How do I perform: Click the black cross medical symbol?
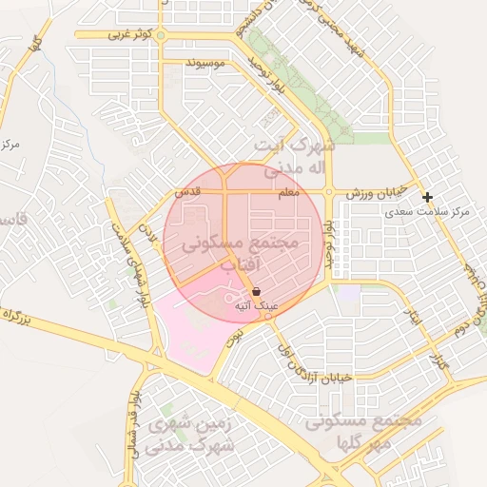429,198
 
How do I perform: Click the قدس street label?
185,192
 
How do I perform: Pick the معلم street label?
289,193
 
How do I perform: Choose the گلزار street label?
438,360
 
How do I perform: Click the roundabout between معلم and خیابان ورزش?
328,193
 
